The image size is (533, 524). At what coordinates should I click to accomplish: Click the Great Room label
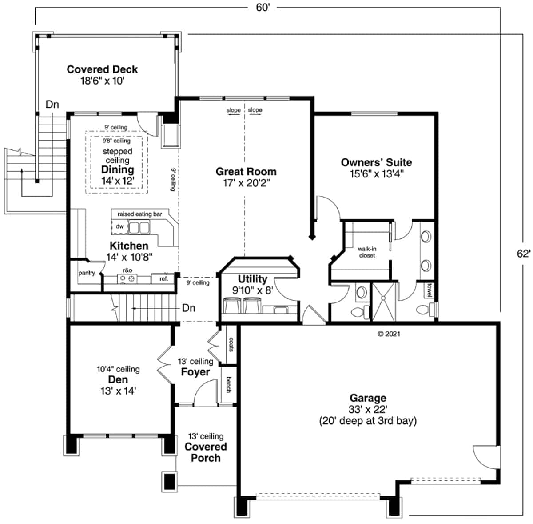pos(246,171)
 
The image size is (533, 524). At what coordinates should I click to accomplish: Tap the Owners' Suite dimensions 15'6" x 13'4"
pos(376,174)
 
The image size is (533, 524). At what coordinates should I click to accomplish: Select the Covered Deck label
pos(102,69)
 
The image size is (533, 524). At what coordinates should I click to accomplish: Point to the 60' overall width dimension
pos(263,8)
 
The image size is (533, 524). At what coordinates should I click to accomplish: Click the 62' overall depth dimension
pos(523,253)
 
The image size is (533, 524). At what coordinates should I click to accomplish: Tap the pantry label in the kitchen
pos(87,273)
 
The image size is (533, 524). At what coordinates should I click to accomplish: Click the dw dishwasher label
pos(119,226)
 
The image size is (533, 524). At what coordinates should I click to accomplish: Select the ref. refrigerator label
pos(163,279)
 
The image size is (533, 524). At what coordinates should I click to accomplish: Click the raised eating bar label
pos(139,214)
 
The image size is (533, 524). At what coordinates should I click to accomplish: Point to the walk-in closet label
pos(367,252)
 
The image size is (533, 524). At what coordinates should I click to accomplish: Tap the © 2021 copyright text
pos(389,334)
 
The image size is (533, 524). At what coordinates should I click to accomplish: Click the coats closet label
pos(231,344)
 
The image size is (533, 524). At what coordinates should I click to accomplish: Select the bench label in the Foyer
pos(228,384)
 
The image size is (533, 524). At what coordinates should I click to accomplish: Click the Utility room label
pos(252,279)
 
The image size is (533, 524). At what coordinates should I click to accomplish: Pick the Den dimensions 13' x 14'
pos(118,391)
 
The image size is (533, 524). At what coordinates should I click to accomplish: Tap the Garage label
pos(368,398)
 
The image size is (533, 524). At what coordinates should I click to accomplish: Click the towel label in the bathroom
pos(430,290)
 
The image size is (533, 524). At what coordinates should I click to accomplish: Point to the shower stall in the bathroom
pos(383,301)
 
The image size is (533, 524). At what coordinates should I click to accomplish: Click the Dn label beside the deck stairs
pos(52,105)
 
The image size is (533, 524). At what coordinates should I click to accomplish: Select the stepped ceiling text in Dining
pos(117,156)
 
